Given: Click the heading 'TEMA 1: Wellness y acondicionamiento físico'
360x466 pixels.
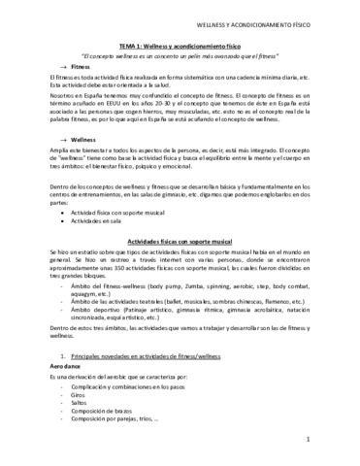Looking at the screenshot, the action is click(x=180, y=46).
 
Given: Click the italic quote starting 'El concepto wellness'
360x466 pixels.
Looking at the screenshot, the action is click(x=180, y=55).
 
